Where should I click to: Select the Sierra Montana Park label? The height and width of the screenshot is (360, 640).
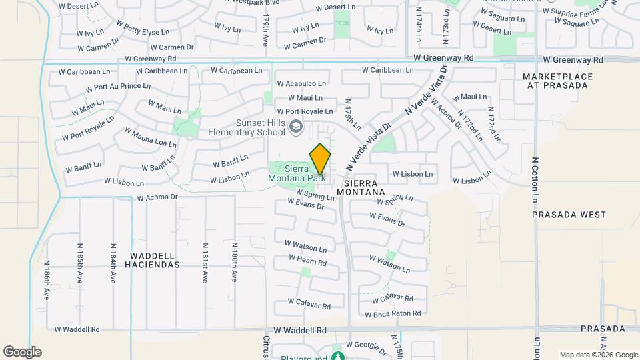296,173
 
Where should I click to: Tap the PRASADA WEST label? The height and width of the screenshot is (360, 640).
569,215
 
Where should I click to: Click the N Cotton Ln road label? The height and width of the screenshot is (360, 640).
535,180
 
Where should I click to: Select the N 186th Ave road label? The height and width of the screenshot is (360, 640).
47,280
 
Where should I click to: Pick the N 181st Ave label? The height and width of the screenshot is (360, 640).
205,264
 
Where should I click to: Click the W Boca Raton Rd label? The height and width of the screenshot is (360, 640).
393,313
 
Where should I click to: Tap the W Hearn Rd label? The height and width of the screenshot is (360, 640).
307,260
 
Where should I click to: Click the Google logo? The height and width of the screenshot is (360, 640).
22,352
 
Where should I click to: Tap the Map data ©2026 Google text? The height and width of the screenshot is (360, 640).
599,355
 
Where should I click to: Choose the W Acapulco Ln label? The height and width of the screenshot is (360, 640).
301,84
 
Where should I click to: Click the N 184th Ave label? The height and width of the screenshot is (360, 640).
112,264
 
